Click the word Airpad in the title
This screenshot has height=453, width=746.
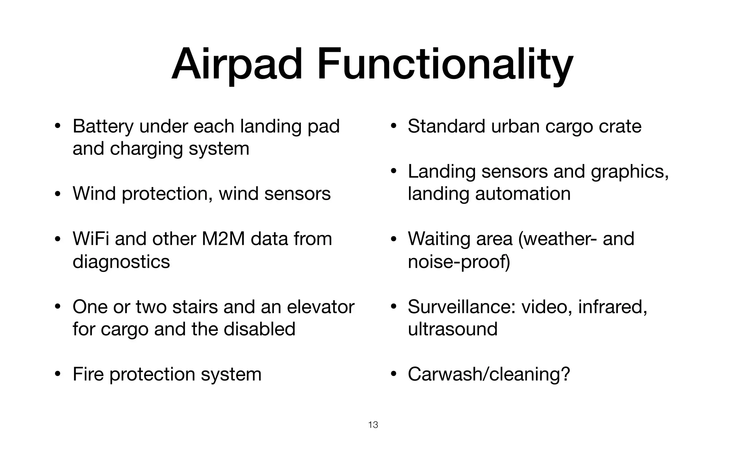click(x=237, y=65)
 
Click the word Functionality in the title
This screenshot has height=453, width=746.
click(x=445, y=65)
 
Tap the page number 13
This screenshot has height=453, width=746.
click(x=373, y=425)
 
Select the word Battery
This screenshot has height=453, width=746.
click(x=103, y=127)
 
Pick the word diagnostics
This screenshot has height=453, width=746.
click(x=121, y=262)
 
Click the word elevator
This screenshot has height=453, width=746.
click(x=321, y=307)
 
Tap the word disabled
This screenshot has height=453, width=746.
click(x=259, y=329)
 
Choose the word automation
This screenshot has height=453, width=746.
click(x=523, y=194)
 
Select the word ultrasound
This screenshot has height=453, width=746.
click(x=452, y=329)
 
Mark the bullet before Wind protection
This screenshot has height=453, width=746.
click(x=57, y=194)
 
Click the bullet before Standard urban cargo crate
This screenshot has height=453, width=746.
click(x=393, y=127)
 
